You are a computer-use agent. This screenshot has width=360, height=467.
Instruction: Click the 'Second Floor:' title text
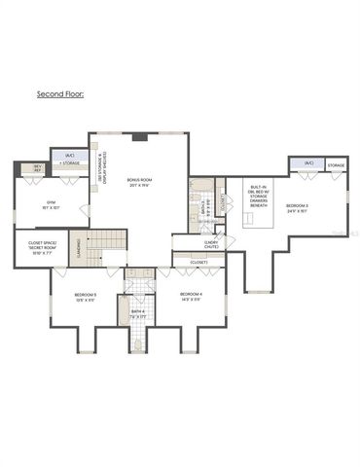pos(59,95)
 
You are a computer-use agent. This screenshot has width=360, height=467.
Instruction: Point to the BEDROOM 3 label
pos(297,206)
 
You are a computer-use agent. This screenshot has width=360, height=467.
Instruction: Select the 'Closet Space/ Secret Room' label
pos(34,247)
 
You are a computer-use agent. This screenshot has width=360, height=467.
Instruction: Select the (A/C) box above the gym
pos(70,157)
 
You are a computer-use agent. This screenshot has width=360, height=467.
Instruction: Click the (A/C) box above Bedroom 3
pos(307,163)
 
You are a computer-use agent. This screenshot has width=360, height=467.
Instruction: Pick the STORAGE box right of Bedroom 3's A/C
pos(335,165)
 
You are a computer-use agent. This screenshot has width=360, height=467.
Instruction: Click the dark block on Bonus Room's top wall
pos(139,137)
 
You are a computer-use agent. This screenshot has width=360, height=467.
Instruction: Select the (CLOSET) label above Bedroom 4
pos(198,262)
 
